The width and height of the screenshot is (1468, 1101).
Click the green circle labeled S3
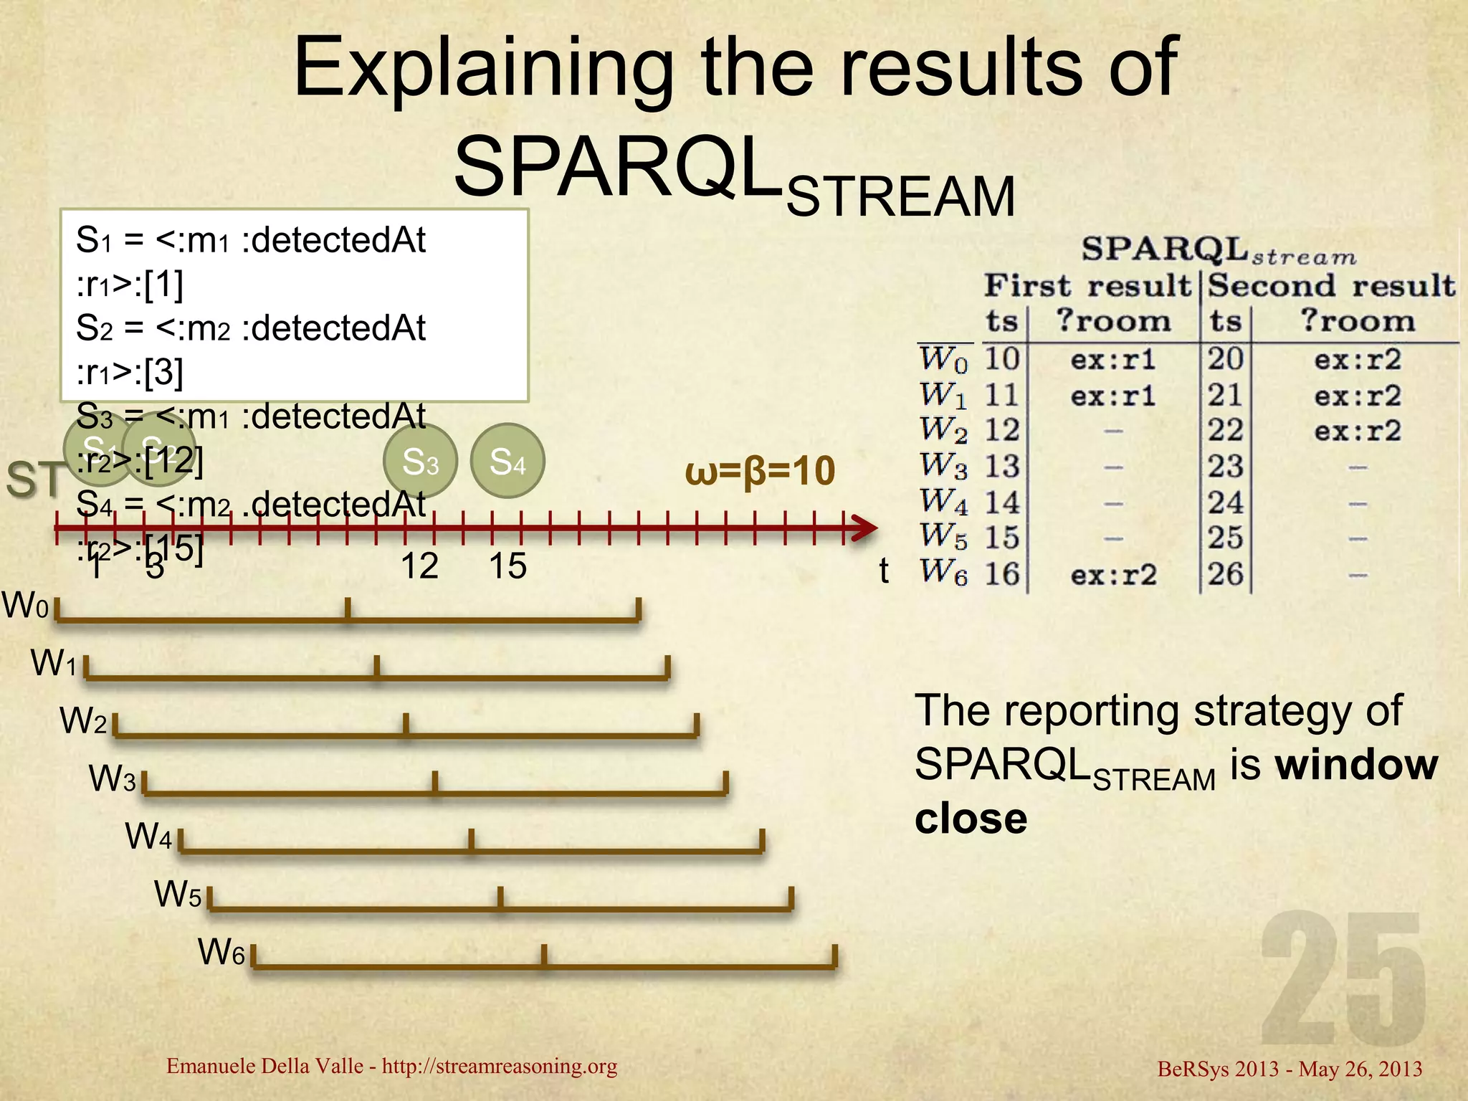(420, 461)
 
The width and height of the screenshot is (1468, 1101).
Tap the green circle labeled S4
(507, 461)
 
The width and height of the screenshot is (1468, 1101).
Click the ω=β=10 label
(760, 472)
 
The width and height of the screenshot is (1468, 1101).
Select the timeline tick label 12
(419, 566)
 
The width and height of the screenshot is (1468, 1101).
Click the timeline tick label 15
(507, 566)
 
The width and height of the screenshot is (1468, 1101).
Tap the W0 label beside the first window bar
(25, 606)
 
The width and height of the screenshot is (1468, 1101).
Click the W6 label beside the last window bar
(221, 953)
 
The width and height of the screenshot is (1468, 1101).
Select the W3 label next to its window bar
(112, 778)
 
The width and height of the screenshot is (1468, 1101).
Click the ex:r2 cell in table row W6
(1113, 575)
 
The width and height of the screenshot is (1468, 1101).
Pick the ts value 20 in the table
(1225, 358)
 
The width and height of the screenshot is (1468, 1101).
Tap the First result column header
(1087, 286)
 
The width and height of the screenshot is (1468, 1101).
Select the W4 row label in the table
(943, 502)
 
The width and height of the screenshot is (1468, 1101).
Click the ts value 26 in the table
(1225, 574)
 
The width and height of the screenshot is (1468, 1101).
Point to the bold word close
(971, 819)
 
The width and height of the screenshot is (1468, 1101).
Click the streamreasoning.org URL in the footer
(499, 1066)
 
